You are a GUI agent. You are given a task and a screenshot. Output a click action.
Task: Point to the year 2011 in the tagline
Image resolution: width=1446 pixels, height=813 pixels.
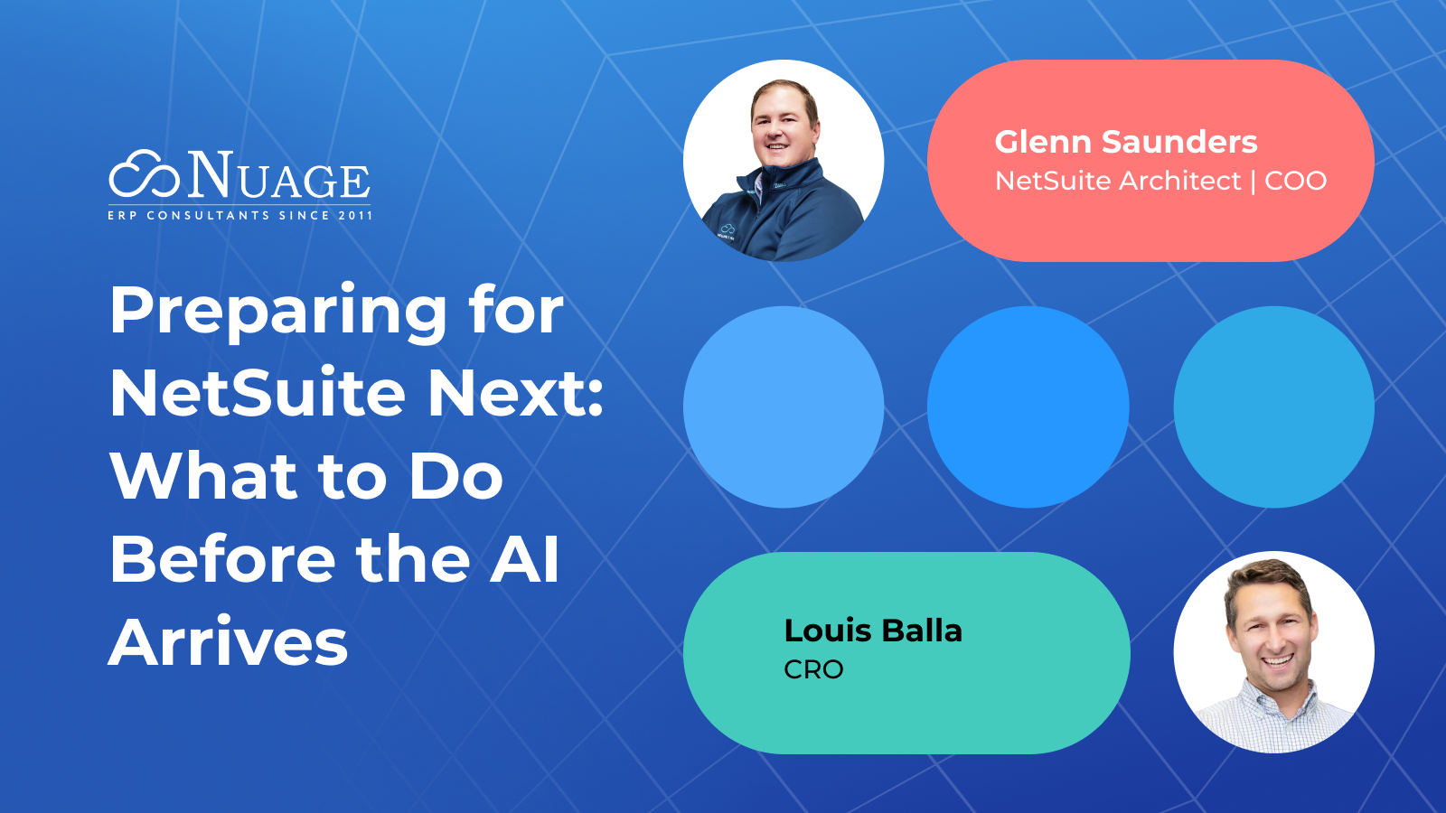tap(355, 216)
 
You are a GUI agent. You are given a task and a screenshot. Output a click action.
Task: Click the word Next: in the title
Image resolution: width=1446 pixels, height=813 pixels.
tap(515, 394)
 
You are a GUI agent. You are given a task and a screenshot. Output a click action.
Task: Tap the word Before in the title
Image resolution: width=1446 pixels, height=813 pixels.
tap(222, 559)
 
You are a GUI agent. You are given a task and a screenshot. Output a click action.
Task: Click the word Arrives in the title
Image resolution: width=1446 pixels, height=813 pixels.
tap(229, 642)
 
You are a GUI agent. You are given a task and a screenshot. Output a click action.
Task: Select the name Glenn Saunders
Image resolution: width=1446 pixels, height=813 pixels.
tap(1125, 142)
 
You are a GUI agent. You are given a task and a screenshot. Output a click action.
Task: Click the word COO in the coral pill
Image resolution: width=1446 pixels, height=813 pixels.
tap(1295, 181)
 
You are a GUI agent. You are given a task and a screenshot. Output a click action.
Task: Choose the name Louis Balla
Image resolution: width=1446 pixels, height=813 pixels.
tap(873, 631)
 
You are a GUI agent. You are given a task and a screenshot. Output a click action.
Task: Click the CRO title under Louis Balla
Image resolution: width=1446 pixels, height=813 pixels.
tap(813, 669)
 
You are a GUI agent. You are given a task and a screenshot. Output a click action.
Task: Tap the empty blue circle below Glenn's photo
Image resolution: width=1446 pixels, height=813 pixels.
tap(784, 406)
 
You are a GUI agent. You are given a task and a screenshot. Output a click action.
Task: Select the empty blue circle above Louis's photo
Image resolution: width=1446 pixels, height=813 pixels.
tap(1273, 406)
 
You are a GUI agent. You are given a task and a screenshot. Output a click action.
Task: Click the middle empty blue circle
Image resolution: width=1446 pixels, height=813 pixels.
tap(1028, 406)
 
